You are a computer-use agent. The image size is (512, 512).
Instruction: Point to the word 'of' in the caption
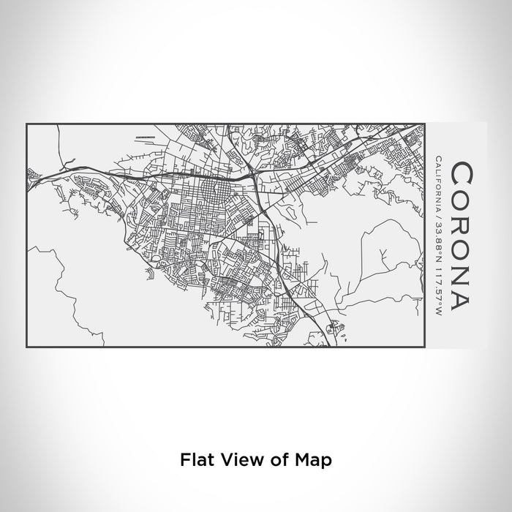click(280, 440)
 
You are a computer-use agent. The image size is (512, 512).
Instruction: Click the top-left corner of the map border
click(26, 124)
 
